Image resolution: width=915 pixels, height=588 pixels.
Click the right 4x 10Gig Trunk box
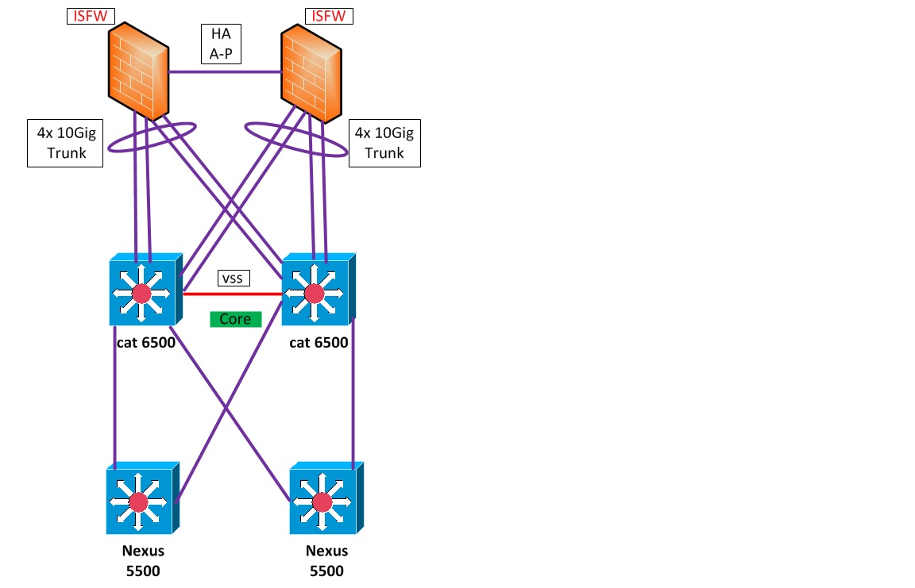(384, 143)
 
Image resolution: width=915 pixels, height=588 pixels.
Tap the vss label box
(234, 279)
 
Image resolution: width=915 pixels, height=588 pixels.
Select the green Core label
(235, 319)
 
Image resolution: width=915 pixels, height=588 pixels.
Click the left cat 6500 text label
(143, 343)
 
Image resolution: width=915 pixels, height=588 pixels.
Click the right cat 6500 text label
(318, 343)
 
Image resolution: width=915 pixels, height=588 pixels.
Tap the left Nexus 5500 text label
(143, 560)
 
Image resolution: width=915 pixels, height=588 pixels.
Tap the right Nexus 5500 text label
(326, 560)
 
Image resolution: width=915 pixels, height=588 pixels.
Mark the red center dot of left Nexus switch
(139, 502)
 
